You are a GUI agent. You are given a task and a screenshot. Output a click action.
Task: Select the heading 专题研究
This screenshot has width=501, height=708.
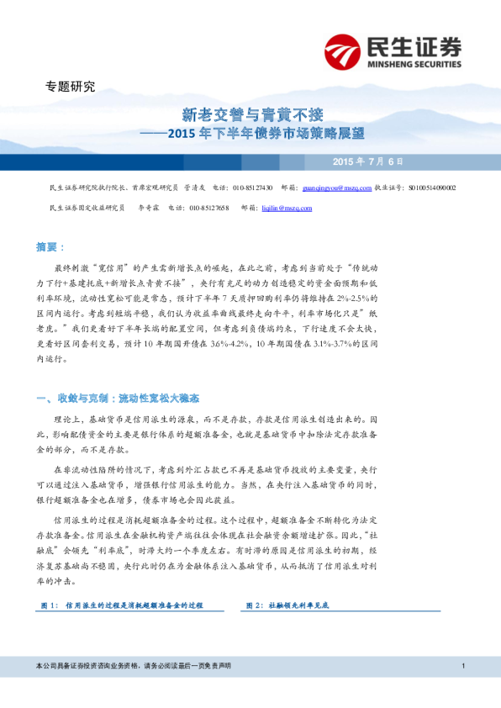click(70, 87)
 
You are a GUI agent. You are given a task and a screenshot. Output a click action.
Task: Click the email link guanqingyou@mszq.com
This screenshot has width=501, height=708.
click(336, 188)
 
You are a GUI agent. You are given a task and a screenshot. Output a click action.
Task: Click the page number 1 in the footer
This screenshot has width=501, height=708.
click(463, 666)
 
